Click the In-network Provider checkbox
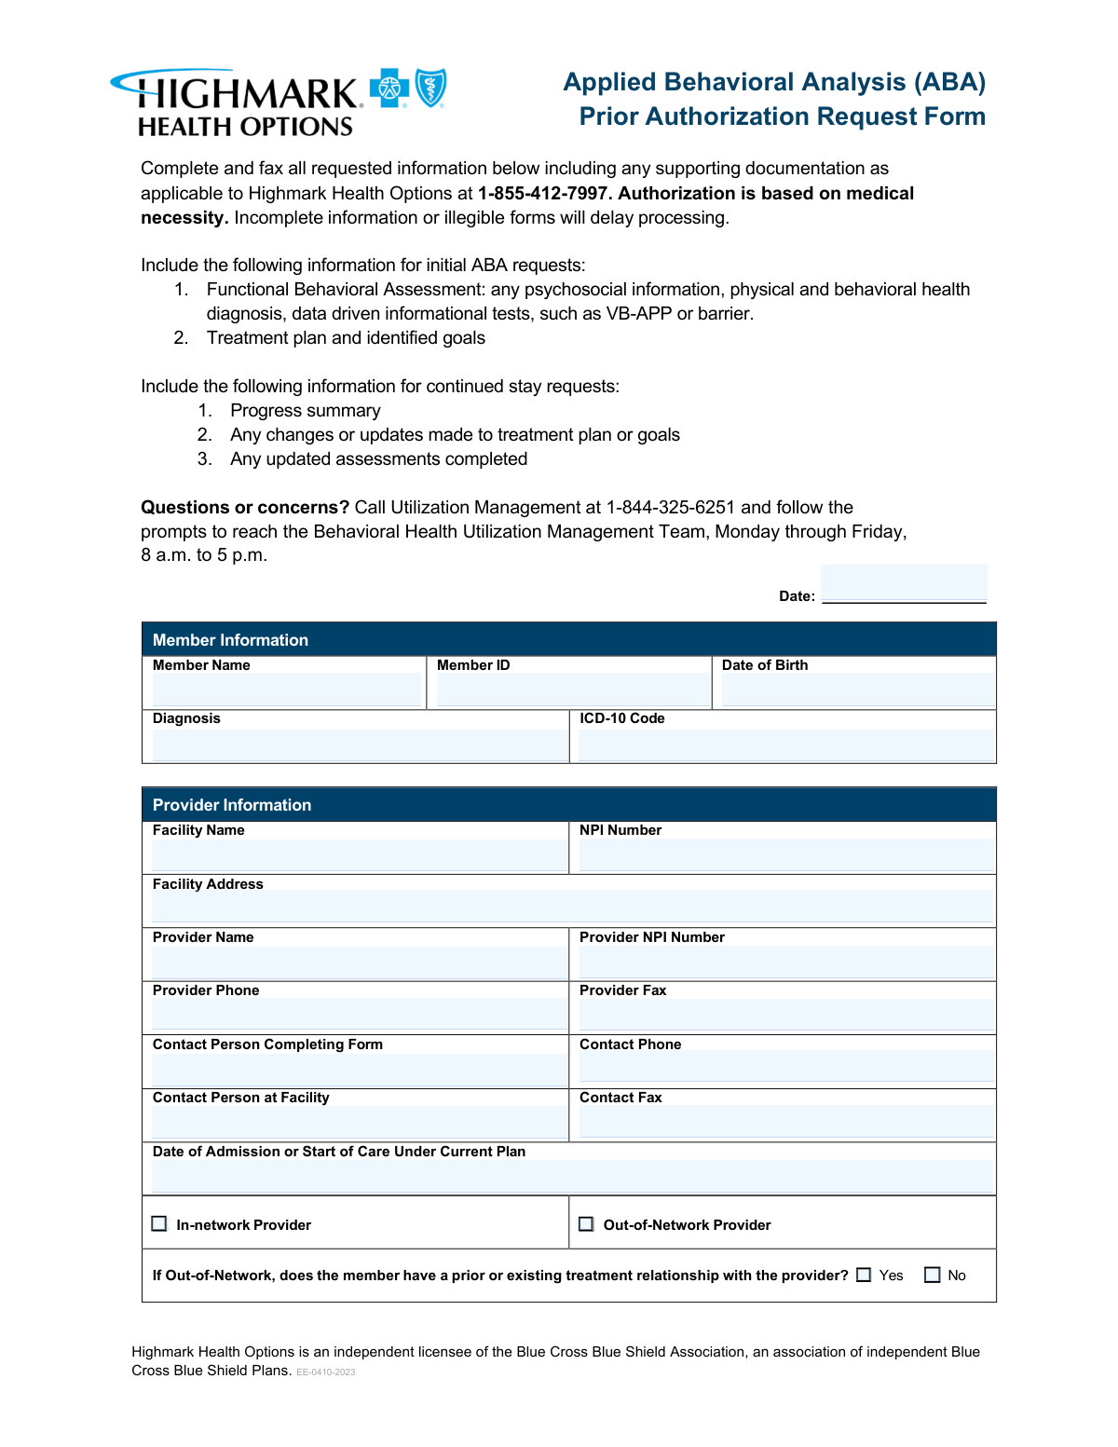pos(159,1223)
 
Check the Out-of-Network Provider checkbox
pos(586,1223)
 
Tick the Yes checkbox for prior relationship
pos(864,1275)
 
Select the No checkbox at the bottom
pos(932,1275)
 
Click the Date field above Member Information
pos(903,583)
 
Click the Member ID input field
pos(572,689)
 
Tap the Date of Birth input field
pos(857,689)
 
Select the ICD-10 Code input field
pos(785,744)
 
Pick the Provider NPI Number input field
pos(785,962)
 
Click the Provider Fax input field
pos(785,1015)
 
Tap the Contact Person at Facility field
pos(359,1122)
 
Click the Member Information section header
pos(230,640)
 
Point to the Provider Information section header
pos(232,805)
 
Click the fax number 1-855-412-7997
pos(542,194)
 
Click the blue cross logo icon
pos(389,89)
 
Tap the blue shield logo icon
pos(430,88)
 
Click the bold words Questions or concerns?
pos(245,508)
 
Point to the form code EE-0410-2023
pos(325,1372)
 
